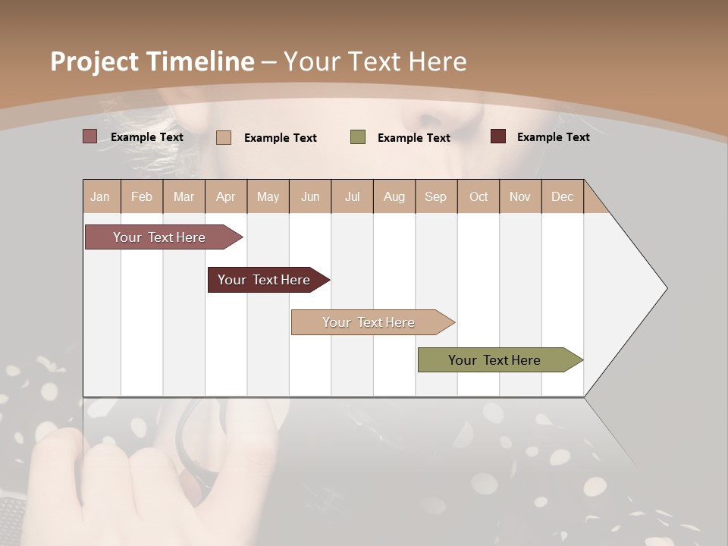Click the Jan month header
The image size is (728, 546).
[101, 196]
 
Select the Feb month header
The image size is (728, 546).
[142, 196]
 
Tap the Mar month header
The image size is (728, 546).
[184, 196]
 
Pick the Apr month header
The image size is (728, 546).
[226, 196]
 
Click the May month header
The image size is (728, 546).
[268, 196]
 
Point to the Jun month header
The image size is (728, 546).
[310, 196]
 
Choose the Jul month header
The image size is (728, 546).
[352, 196]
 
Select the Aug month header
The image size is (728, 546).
[394, 196]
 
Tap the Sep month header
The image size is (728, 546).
[436, 196]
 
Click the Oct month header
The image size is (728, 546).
[479, 196]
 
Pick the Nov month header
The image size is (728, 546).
[520, 196]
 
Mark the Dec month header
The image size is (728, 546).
[562, 196]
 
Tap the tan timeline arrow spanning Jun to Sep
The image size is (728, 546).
[369, 322]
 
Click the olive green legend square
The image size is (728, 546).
[358, 137]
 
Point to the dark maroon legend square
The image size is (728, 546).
[498, 136]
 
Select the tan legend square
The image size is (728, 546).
[224, 137]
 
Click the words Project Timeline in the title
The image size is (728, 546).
[152, 61]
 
